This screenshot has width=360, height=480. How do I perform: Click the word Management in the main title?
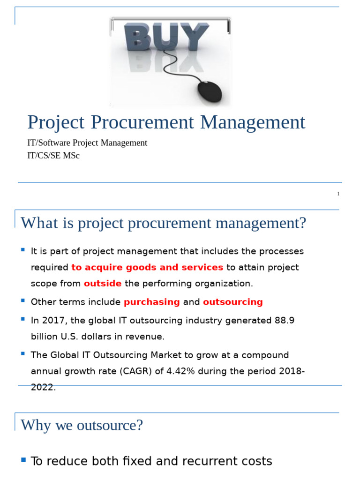[253, 123]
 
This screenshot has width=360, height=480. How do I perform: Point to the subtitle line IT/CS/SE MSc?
[53, 156]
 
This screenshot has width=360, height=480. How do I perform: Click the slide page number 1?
[338, 194]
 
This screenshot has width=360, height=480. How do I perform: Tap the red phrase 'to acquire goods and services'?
[147, 268]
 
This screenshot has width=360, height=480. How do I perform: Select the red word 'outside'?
[103, 284]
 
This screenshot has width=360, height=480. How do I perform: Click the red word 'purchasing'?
[152, 302]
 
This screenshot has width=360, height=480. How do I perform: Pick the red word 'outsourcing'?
[232, 302]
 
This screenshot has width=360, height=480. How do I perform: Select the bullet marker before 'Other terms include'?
[22, 300]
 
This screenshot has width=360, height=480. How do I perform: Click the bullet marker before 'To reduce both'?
[23, 460]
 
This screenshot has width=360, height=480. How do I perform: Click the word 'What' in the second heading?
[37, 223]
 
